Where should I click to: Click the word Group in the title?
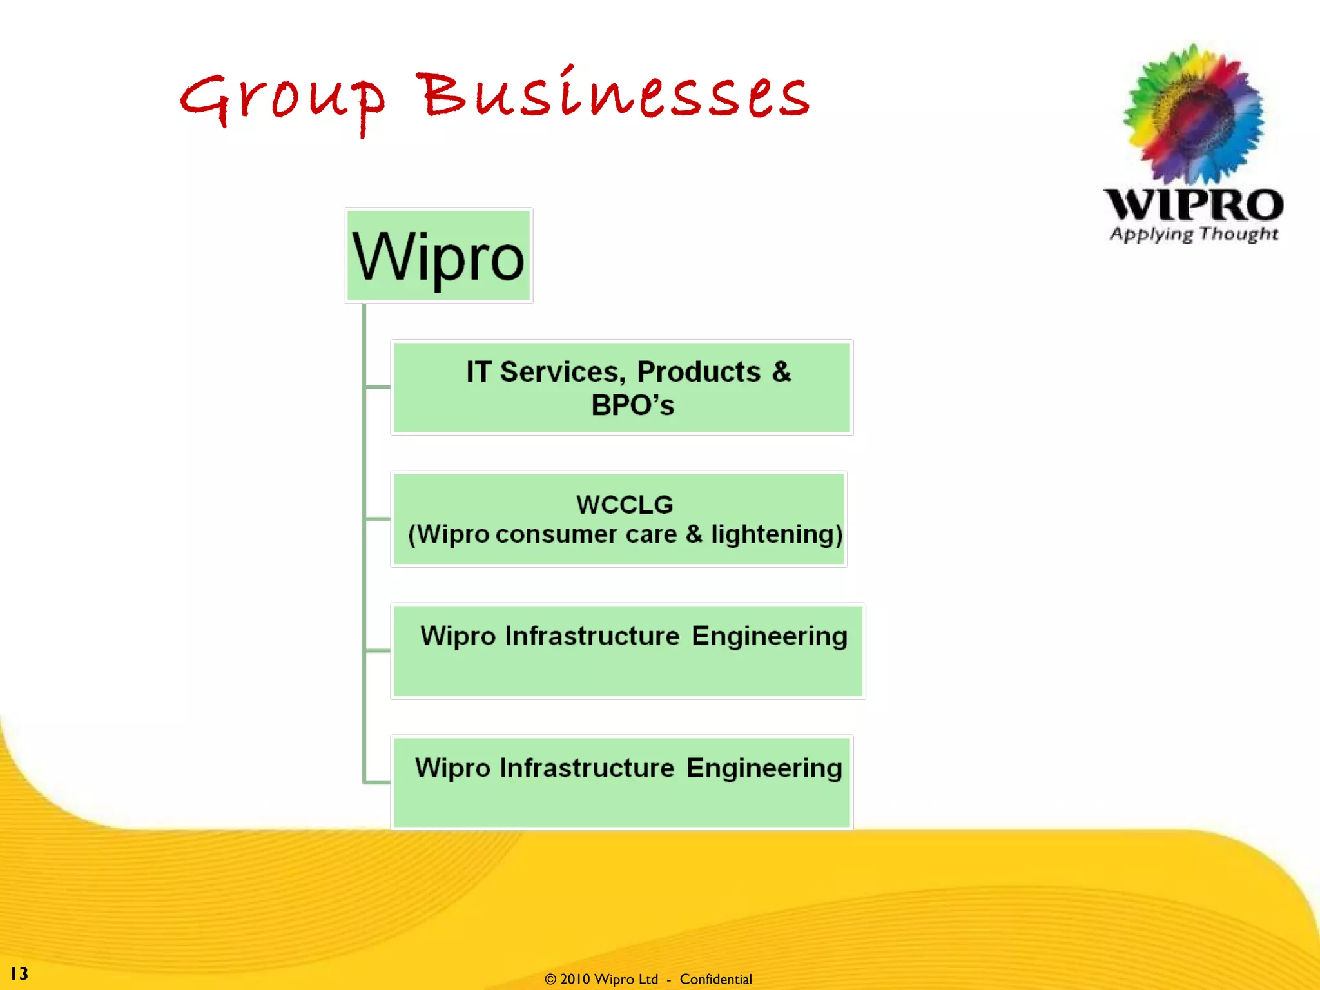click(282, 100)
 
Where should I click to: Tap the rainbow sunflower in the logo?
click(1194, 115)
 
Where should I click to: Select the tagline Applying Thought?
click(1194, 234)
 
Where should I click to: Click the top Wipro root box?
click(438, 256)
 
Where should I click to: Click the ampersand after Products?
click(781, 372)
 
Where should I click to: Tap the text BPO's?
click(632, 405)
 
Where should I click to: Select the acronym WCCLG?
click(625, 505)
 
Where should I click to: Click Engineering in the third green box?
click(770, 636)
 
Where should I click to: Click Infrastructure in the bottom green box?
click(587, 768)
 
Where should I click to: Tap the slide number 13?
click(19, 973)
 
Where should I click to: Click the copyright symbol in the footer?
click(550, 980)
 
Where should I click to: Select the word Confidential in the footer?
click(715, 980)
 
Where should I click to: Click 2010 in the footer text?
click(575, 980)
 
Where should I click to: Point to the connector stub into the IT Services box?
click(378, 387)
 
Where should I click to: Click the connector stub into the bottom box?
click(378, 782)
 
